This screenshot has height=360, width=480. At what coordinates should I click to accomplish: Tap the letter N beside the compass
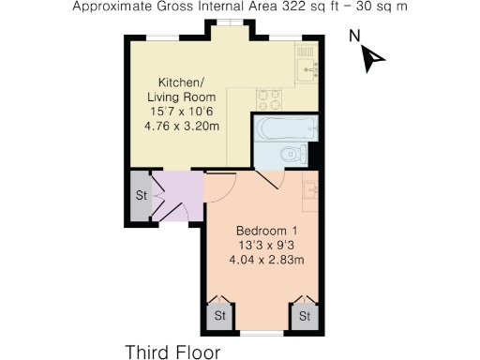354,37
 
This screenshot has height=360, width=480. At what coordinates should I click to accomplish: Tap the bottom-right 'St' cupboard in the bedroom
305,317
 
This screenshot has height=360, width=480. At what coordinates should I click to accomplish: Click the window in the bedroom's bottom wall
262,334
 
